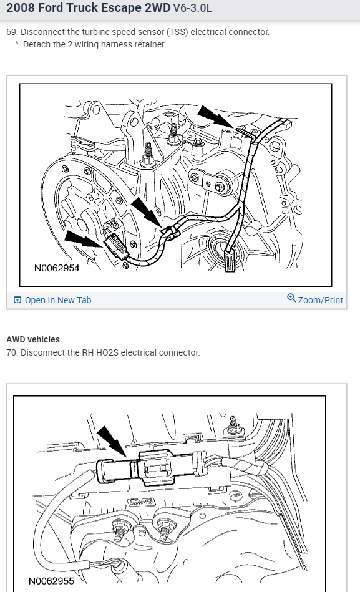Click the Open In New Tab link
pos(58,300)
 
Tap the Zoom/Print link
pos(320,300)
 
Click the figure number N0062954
pos(57,268)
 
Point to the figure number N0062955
pos(51,581)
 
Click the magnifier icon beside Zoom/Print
pos(291,298)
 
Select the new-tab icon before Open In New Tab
pos(17,300)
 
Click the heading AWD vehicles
pos(33,339)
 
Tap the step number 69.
pos(12,32)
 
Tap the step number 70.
pos(12,352)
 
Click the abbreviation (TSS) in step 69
pos(177,32)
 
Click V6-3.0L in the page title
pos(193,8)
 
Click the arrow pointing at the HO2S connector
pos(112,442)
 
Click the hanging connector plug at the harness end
pos(230,259)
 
